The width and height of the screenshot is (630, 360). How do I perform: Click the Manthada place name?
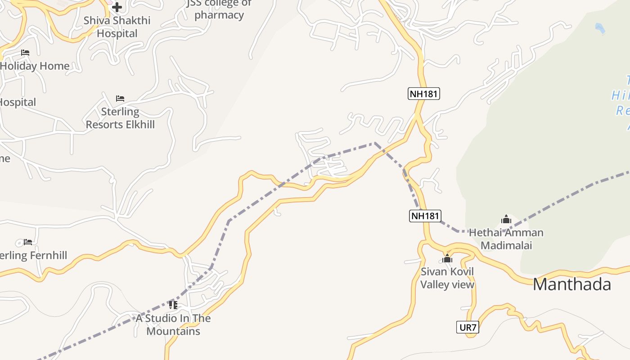tap(571, 284)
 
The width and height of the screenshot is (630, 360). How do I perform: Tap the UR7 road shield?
tap(468, 327)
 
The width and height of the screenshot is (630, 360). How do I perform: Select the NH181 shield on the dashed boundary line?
tap(425, 216)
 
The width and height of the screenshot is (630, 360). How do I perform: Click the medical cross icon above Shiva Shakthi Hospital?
tap(117, 7)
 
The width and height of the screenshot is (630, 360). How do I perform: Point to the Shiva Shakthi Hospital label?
tap(117, 27)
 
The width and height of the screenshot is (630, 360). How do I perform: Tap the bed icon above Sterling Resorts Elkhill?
tap(120, 98)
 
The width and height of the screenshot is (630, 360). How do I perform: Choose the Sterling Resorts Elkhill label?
tap(120, 118)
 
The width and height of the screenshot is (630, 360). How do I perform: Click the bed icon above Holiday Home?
tap(25, 53)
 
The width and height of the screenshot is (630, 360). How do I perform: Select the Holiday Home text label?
tap(35, 66)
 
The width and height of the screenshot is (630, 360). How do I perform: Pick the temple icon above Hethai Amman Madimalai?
tap(506, 220)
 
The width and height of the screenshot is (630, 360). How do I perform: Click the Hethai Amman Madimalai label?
tap(506, 239)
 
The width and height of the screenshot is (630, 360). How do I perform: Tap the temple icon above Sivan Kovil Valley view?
tap(447, 258)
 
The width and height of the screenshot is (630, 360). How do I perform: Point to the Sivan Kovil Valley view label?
tap(447, 278)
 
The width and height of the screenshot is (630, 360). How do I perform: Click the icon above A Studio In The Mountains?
tap(173, 305)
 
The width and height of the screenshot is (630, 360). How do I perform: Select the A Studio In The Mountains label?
tap(173, 324)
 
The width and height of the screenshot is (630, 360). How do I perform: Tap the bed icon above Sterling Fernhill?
tap(28, 242)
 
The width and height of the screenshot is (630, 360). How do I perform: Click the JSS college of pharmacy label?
tap(219, 9)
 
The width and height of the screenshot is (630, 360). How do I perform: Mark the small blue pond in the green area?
tap(600, 28)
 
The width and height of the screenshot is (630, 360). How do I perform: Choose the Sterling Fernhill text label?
tap(33, 256)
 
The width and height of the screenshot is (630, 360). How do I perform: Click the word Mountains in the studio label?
tap(173, 331)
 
